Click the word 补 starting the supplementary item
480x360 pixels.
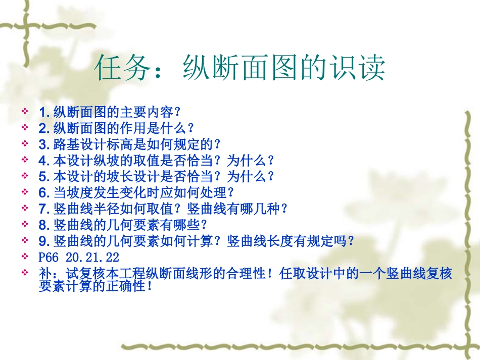pos(44,273)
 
